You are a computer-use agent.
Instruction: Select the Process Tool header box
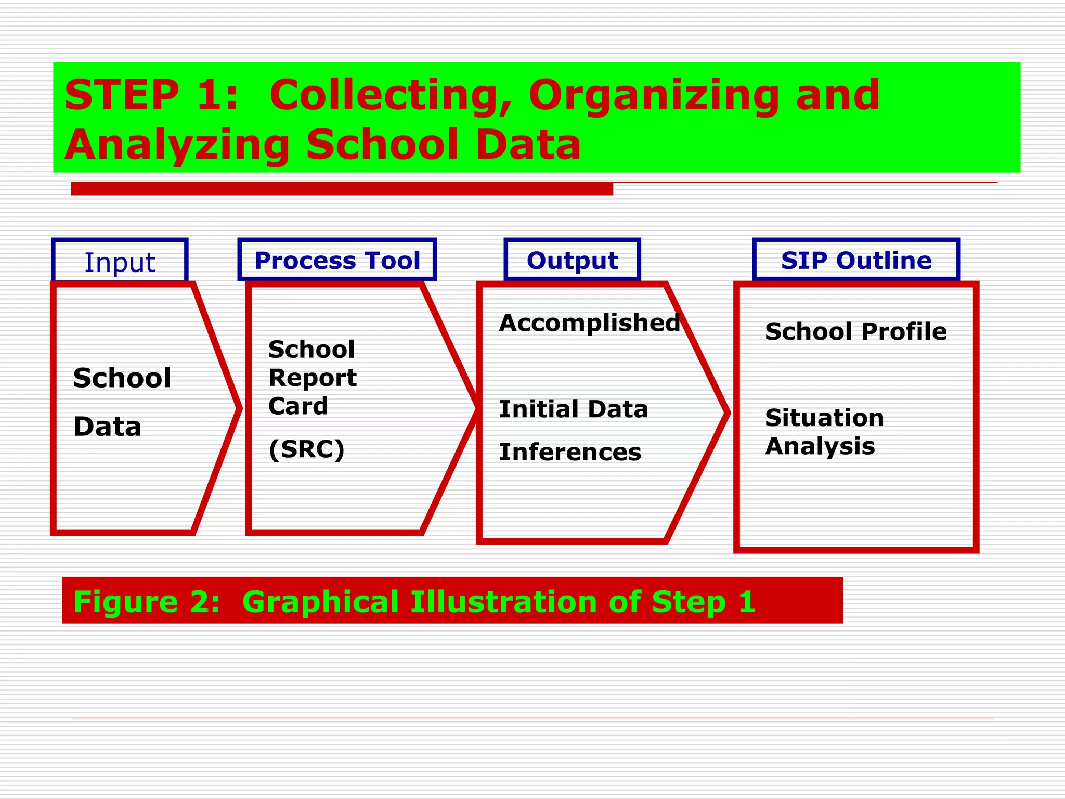[x=337, y=260]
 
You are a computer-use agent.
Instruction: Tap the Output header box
[x=572, y=260]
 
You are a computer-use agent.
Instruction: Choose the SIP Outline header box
[x=856, y=260]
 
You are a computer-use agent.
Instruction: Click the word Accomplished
[x=589, y=323]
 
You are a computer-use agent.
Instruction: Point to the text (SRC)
[x=306, y=449]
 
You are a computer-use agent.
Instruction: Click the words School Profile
[x=855, y=331]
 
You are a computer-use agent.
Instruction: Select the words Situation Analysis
[x=824, y=432]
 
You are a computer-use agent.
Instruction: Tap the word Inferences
[x=570, y=452]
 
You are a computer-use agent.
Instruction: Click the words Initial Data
[x=573, y=409]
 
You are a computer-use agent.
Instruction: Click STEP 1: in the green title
[x=151, y=95]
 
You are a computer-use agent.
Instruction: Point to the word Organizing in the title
[x=653, y=96]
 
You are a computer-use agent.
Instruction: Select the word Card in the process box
[x=298, y=406]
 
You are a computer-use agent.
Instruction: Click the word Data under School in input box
[x=107, y=427]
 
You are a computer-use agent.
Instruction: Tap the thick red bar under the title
[x=342, y=189]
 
